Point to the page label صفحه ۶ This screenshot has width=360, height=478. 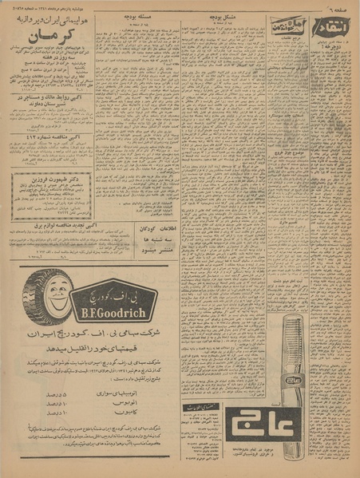338,7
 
